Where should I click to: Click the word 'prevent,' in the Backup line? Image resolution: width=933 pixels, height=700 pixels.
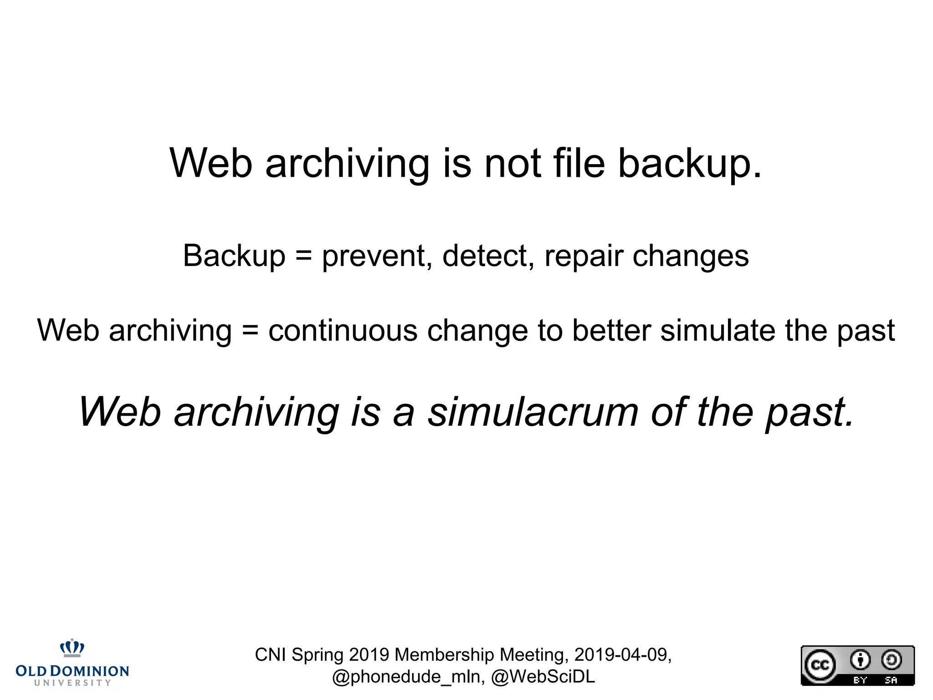pos(377,256)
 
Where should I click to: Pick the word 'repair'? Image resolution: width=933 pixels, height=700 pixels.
pos(584,257)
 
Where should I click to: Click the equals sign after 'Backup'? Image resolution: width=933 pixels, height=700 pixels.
pos(303,255)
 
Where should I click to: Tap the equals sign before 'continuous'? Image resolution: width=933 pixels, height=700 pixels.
pos(250,330)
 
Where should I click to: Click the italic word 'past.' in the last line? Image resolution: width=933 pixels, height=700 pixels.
pos(810,412)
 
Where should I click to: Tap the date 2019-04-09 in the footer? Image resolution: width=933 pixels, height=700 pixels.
pos(622,655)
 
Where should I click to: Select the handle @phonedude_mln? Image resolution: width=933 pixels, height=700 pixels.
pos(409,677)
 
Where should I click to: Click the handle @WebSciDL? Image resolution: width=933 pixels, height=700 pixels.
pos(543,677)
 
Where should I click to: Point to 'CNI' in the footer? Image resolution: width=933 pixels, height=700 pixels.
pos(271,655)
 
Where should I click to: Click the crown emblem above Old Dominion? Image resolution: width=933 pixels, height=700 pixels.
pos(72,648)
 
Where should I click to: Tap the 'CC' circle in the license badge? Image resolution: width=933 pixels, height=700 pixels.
pos(820,665)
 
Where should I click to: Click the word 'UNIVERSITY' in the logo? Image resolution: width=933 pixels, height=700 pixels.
pos(72,683)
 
